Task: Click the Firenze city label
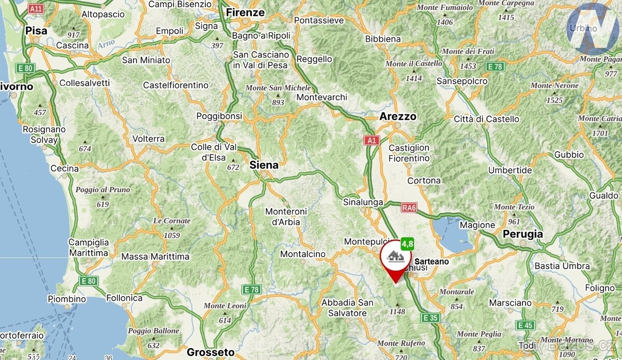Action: (x=246, y=12)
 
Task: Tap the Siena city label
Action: (x=264, y=165)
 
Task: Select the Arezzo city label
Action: (x=398, y=116)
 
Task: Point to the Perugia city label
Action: (x=522, y=234)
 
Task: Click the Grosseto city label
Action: (x=210, y=352)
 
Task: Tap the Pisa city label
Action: (x=36, y=31)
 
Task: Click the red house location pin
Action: (x=395, y=258)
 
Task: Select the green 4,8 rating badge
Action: (x=407, y=243)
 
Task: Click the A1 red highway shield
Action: (x=371, y=140)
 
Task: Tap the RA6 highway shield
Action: (x=409, y=207)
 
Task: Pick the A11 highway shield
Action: (x=36, y=9)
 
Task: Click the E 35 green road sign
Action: (x=430, y=317)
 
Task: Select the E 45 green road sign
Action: (x=525, y=325)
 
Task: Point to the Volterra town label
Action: (x=148, y=139)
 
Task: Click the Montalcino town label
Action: (x=303, y=254)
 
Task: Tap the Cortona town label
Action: (x=424, y=181)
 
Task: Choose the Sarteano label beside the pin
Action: (x=432, y=262)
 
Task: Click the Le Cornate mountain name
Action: (x=172, y=221)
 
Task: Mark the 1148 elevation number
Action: (x=397, y=312)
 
